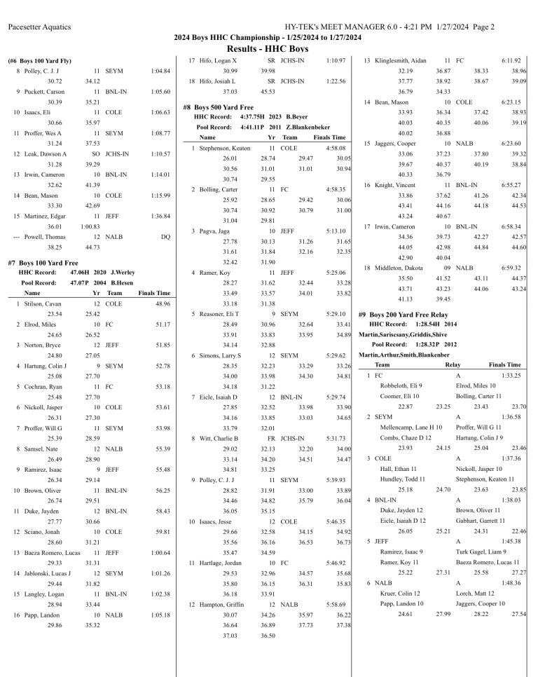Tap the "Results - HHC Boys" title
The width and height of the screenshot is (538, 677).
tap(268, 48)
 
